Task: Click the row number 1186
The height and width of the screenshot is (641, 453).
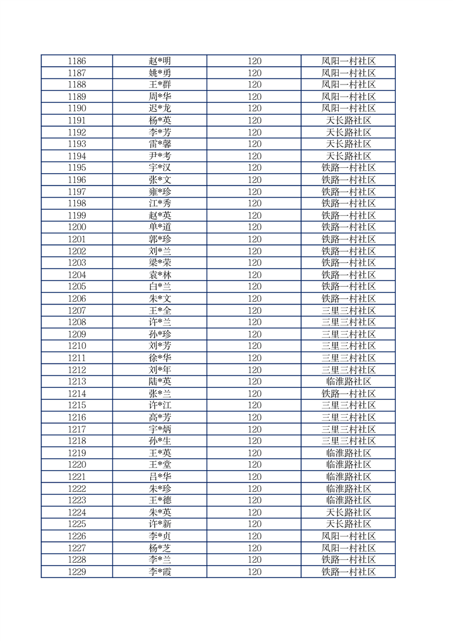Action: click(x=77, y=61)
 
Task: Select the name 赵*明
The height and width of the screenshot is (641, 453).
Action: click(x=159, y=61)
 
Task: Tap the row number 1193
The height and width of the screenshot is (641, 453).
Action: click(x=77, y=144)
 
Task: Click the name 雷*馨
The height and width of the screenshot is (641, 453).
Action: click(x=159, y=144)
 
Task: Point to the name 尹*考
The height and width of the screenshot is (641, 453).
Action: click(x=159, y=156)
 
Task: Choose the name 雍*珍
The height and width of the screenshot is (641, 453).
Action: click(x=159, y=191)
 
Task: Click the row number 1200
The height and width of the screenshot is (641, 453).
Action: click(x=77, y=227)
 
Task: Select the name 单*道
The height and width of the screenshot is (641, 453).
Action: click(x=159, y=227)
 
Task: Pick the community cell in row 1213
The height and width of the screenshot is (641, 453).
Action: click(x=348, y=382)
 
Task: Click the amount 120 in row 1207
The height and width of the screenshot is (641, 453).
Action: click(x=254, y=310)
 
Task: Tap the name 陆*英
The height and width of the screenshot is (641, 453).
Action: click(x=159, y=382)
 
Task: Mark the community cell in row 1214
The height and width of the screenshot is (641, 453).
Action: click(x=348, y=394)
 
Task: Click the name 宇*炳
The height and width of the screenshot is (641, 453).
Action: click(x=159, y=429)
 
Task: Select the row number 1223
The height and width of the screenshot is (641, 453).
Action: click(x=77, y=500)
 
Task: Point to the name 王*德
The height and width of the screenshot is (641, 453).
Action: click(x=159, y=500)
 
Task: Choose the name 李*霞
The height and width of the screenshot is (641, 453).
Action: click(x=159, y=571)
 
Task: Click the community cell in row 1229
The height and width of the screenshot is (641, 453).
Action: click(x=348, y=571)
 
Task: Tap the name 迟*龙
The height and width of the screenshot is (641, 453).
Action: click(x=159, y=109)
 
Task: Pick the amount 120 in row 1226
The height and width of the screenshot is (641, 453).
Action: click(x=254, y=536)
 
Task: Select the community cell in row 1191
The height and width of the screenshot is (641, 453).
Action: click(x=348, y=121)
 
